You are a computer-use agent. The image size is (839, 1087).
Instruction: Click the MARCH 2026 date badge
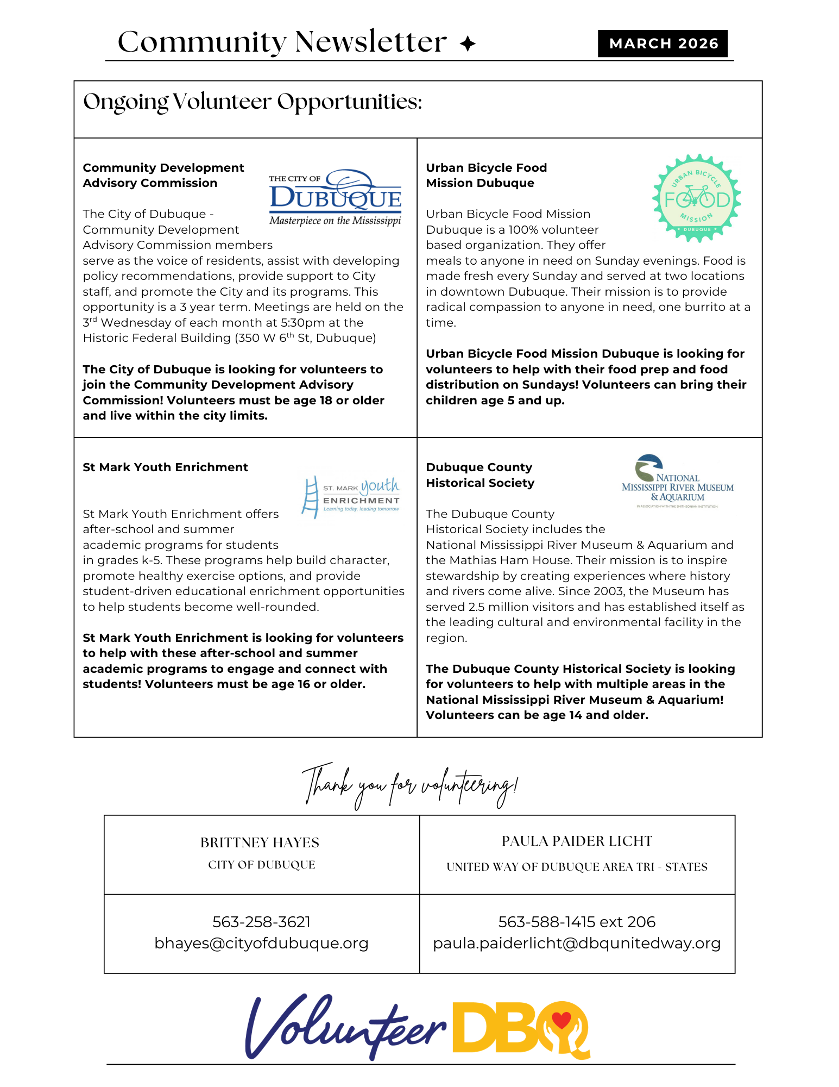(x=663, y=43)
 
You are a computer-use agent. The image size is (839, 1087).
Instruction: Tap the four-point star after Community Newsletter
(x=467, y=43)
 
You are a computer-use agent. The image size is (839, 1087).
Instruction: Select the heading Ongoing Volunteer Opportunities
(x=253, y=102)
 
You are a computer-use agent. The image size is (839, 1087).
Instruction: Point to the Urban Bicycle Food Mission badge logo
(x=697, y=198)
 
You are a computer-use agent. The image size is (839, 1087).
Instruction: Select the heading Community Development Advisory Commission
(x=163, y=175)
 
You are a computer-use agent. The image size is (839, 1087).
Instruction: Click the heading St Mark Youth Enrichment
(x=165, y=467)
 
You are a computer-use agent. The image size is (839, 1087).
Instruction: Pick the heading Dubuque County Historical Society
(x=480, y=475)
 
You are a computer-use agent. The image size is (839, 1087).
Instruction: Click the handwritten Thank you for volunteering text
(x=410, y=786)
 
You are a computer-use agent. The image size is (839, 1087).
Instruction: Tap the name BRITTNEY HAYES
(x=260, y=842)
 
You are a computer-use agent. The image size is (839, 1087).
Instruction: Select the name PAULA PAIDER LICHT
(x=577, y=841)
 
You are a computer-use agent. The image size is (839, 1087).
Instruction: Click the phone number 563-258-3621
(x=261, y=922)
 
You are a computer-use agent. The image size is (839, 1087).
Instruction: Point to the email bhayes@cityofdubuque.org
(x=261, y=943)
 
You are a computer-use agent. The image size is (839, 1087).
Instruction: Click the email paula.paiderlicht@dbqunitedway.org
(x=577, y=943)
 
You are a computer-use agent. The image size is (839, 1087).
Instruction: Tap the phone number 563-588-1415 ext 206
(x=577, y=922)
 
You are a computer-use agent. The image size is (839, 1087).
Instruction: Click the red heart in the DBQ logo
(x=561, y=1020)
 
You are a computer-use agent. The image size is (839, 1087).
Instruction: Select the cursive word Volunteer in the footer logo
(x=345, y=1027)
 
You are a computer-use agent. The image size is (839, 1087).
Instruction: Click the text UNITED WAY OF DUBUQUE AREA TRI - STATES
(x=577, y=867)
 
